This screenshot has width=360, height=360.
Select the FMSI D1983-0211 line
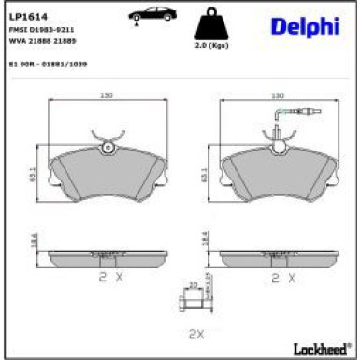41,30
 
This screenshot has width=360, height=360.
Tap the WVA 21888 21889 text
41,41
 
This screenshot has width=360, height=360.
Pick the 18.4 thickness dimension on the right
205,240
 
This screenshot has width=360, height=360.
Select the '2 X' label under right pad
282,278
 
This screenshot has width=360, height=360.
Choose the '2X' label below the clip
195,333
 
